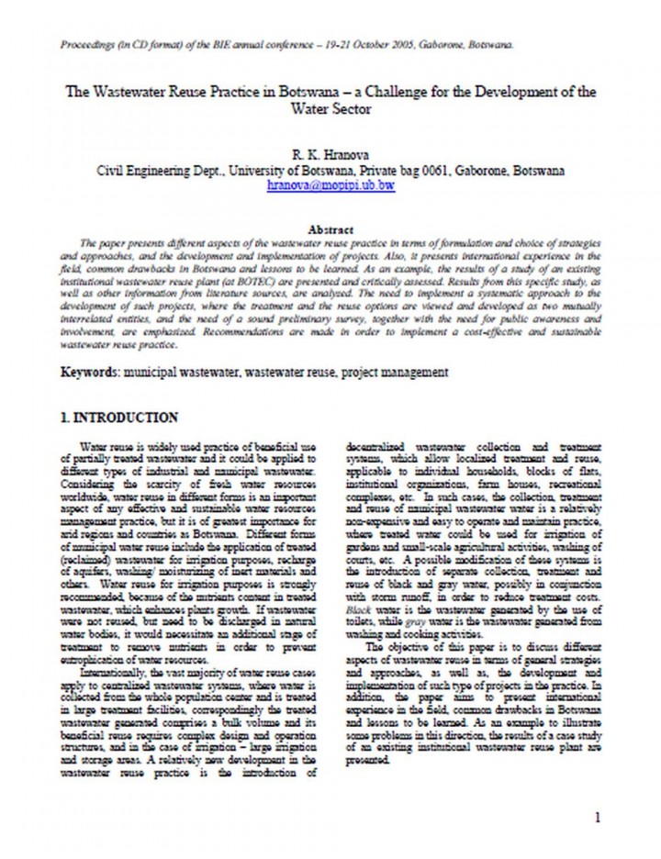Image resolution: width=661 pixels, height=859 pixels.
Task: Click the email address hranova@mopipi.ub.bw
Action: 330,184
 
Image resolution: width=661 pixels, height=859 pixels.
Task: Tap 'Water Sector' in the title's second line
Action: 330,107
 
